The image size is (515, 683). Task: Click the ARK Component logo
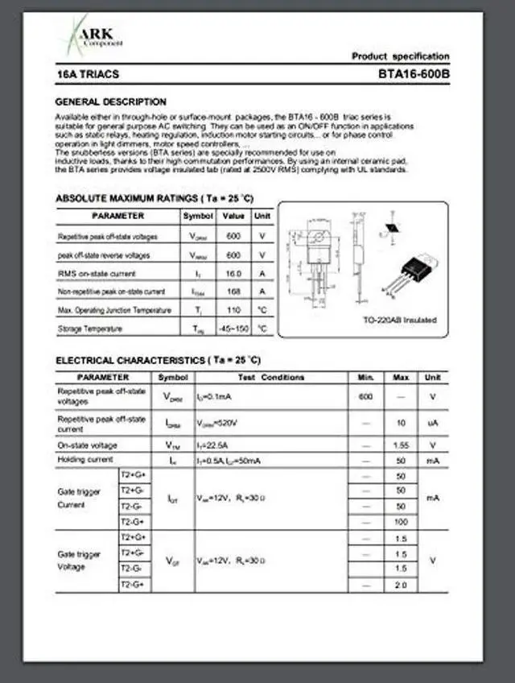[89, 37]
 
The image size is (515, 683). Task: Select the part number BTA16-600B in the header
[414, 74]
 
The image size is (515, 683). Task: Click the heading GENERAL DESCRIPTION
[110, 102]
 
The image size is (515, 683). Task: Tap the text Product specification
[400, 56]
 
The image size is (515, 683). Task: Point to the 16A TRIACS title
[88, 74]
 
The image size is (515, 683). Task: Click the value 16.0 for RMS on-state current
[233, 274]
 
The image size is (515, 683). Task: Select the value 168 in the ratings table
[233, 292]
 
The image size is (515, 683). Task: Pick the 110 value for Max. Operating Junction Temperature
[233, 310]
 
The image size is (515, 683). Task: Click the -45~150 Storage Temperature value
[233, 329]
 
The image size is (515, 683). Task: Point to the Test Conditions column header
[271, 377]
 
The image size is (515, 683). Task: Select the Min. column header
[366, 377]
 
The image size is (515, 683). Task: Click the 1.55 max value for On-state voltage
[401, 445]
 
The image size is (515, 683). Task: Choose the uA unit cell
[432, 422]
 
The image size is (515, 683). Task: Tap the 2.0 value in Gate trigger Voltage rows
[401, 585]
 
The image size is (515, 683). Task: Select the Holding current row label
[85, 459]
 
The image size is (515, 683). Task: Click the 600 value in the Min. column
[366, 396]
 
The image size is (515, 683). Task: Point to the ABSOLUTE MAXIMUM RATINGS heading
[154, 198]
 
